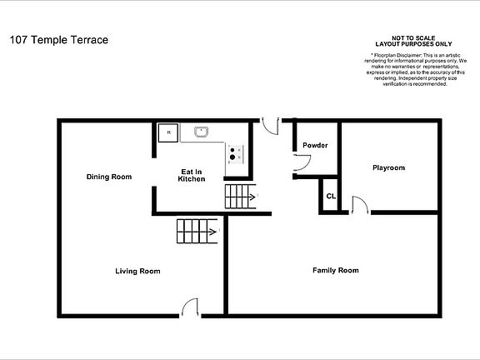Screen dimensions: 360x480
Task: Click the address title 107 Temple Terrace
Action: point(57,39)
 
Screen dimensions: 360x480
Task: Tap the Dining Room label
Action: point(109,177)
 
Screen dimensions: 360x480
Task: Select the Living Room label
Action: point(137,271)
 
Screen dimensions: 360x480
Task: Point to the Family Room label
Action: point(335,270)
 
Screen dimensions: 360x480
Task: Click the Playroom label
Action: point(387,167)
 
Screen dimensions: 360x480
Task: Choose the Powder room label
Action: point(314,146)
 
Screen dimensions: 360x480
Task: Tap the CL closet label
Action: point(331,197)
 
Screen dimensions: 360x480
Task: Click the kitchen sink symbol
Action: point(201,131)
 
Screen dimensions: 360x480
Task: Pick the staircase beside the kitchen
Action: point(239,197)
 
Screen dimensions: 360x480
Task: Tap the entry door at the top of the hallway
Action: point(270,124)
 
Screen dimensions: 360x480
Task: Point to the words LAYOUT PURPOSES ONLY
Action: point(413,45)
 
